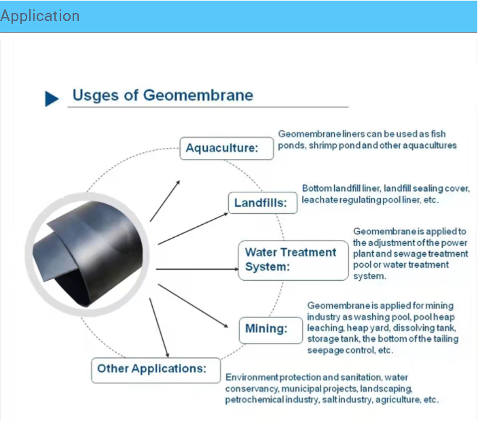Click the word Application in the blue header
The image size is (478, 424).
point(40,16)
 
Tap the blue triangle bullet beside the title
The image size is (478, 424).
point(52,99)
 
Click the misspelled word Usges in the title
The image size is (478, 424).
point(96,96)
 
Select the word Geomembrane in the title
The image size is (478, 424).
point(198,95)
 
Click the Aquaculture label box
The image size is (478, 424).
point(227,148)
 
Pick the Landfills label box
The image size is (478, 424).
point(263,203)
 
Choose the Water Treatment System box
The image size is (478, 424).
point(293,260)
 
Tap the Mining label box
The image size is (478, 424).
point(271,330)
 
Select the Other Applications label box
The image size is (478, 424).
point(155,370)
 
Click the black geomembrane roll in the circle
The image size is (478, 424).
point(88,253)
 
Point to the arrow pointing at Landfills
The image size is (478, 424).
point(193,229)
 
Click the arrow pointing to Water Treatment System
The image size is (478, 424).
point(197,269)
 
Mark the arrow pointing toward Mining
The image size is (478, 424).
point(193,306)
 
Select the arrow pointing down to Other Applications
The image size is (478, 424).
point(159,328)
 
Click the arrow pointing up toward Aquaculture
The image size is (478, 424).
point(165,201)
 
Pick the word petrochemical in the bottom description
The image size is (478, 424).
point(254,400)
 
